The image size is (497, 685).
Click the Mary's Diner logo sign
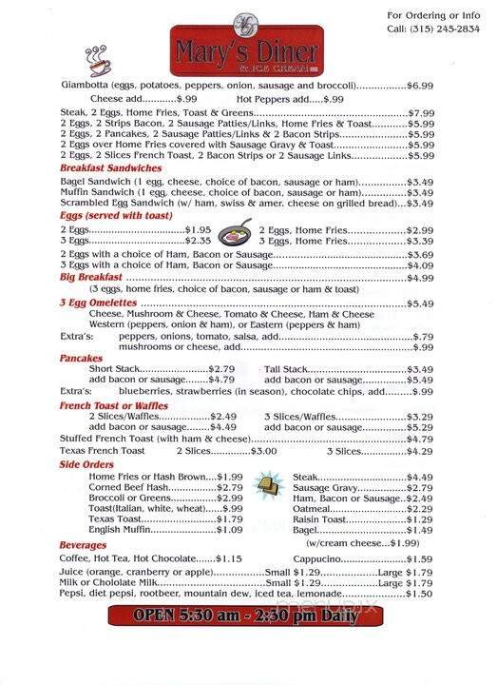tap(247, 43)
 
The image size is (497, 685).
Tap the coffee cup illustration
tap(99, 61)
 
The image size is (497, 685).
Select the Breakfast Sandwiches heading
tap(110, 167)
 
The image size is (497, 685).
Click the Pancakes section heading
tap(80, 358)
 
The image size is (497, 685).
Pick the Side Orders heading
tap(86, 464)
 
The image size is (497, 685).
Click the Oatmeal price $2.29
tap(420, 509)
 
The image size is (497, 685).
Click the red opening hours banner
tap(249, 614)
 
